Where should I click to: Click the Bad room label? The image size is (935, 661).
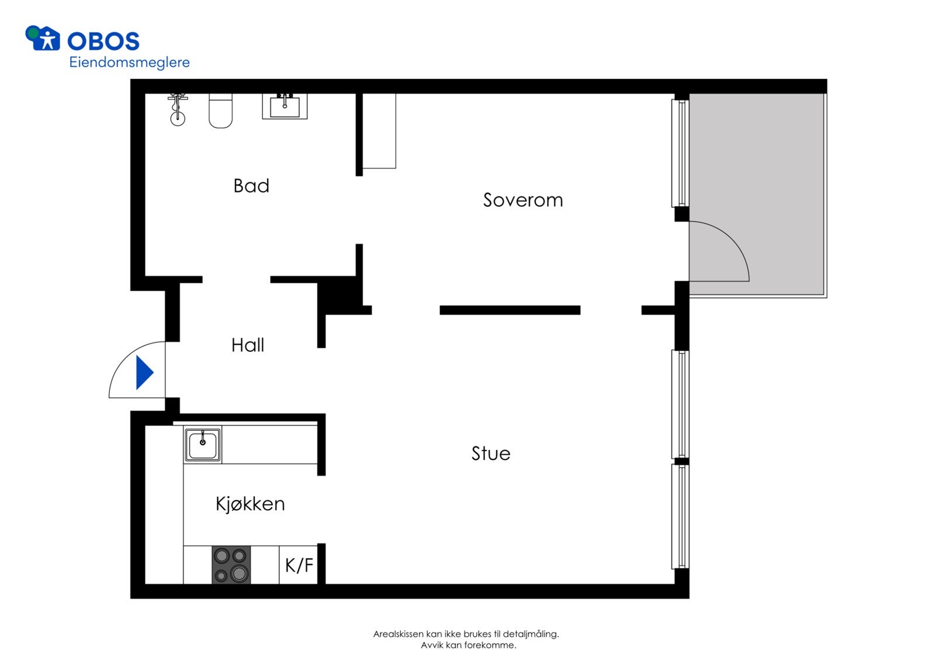(x=251, y=186)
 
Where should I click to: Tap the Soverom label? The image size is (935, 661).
(x=523, y=200)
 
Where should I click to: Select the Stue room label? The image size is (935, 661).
(x=491, y=454)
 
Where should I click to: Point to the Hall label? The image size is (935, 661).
(x=248, y=345)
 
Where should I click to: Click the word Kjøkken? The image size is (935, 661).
(x=251, y=504)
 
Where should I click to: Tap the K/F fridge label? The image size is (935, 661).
(x=299, y=565)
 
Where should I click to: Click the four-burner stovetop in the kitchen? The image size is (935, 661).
(x=231, y=565)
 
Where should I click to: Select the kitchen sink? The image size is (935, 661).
(x=202, y=444)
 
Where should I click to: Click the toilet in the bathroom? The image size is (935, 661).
(x=220, y=110)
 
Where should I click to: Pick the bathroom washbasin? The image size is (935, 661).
(x=285, y=106)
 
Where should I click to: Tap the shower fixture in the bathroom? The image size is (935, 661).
(x=178, y=109)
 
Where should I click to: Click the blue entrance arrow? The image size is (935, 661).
(x=144, y=372)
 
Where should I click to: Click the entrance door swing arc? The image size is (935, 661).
(x=125, y=358)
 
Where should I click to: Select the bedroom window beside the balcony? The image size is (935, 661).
(x=680, y=153)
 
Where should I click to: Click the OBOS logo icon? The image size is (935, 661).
(x=43, y=38)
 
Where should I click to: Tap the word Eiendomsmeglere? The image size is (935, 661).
(x=129, y=63)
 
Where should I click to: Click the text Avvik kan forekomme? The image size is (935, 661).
(x=468, y=645)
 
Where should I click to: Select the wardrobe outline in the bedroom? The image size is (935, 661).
(x=379, y=131)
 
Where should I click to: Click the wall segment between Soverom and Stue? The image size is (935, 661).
(x=510, y=310)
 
